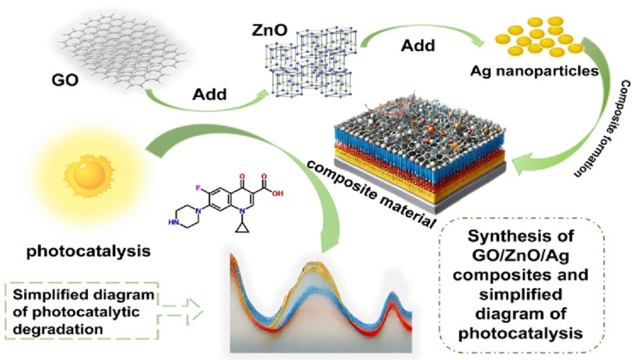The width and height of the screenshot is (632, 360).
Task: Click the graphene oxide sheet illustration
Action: (x=121, y=52)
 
